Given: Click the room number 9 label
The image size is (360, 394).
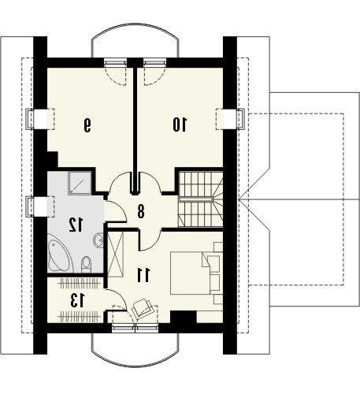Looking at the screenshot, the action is click(87, 125).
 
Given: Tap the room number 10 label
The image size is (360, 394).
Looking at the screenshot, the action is click(180, 125).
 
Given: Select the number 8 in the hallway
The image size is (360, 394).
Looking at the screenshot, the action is click(141, 211).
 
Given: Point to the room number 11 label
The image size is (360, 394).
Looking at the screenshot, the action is click(143, 275).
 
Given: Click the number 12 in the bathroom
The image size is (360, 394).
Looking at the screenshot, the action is click(76, 225).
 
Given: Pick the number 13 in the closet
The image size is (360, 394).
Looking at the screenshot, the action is click(77, 301).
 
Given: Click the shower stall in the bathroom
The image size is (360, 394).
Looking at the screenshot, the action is click(80, 183).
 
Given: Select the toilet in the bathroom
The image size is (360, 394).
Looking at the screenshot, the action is click(86, 264).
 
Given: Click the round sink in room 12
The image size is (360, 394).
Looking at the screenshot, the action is click(98, 240).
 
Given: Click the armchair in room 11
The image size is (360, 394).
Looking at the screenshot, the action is click(143, 308).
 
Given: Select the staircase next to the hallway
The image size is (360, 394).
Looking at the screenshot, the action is click(201, 199).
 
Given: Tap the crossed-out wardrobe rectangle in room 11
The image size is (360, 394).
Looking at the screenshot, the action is click(116, 254).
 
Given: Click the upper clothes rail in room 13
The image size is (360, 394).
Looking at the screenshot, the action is click(80, 284).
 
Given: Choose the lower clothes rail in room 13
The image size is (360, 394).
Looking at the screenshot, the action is click(80, 317).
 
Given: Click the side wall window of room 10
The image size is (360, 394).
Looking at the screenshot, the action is click(230, 119).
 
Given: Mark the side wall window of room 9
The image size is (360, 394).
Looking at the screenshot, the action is click(40, 119).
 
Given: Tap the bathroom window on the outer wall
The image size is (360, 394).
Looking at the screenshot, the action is click(40, 206).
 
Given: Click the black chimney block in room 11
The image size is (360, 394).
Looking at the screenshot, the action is click(184, 318).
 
